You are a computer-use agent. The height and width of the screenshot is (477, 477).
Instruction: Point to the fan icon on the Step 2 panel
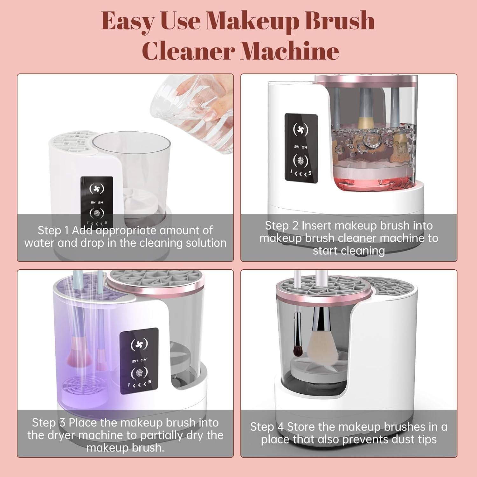pos(301,129)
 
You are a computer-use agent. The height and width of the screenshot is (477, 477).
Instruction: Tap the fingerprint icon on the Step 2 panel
pos(301,161)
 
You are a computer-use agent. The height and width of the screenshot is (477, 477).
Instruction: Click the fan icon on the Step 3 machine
pos(139,344)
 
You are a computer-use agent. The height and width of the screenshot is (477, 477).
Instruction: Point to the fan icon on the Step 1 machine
pos(97,189)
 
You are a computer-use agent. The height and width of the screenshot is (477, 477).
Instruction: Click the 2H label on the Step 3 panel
pos(135,361)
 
